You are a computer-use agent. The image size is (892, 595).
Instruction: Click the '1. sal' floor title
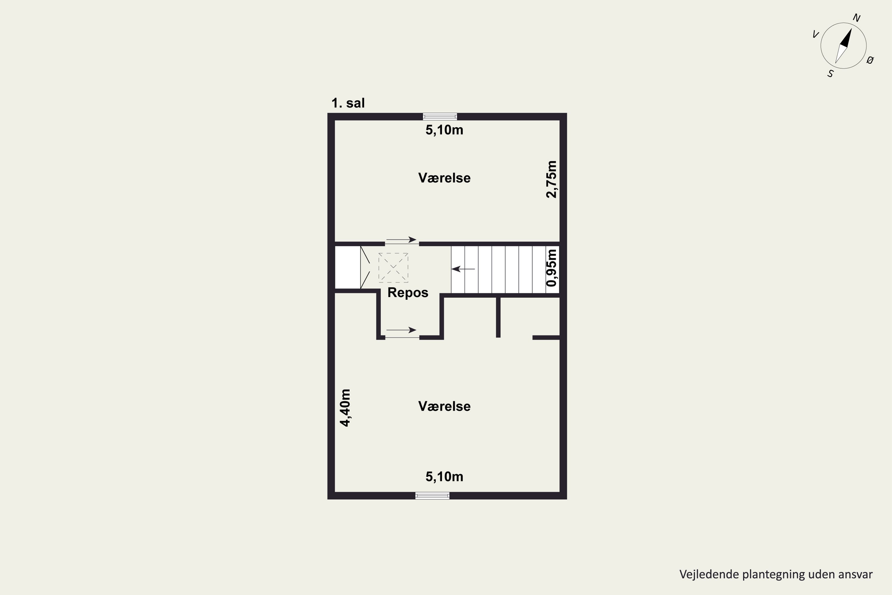click(x=348, y=103)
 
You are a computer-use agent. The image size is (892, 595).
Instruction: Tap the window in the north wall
click(x=440, y=117)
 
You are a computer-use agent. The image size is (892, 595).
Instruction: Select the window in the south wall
click(x=432, y=496)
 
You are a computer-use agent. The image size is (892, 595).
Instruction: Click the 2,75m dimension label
click(x=552, y=179)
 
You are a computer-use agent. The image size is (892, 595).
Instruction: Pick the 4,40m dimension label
click(x=345, y=408)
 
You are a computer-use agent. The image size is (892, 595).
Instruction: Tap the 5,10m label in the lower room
click(x=444, y=477)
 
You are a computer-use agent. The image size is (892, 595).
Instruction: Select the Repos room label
click(x=408, y=292)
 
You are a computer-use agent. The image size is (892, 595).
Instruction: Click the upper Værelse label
click(x=444, y=178)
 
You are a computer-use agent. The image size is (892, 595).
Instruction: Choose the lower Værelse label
click(x=444, y=406)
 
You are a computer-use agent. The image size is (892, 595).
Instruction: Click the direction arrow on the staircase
click(x=463, y=269)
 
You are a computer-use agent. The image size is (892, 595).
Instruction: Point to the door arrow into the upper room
click(x=401, y=240)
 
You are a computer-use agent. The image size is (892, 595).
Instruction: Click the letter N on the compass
click(x=856, y=18)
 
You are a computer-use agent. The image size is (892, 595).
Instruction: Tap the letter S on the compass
click(x=830, y=73)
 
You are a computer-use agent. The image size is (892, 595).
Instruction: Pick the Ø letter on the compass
click(x=870, y=60)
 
